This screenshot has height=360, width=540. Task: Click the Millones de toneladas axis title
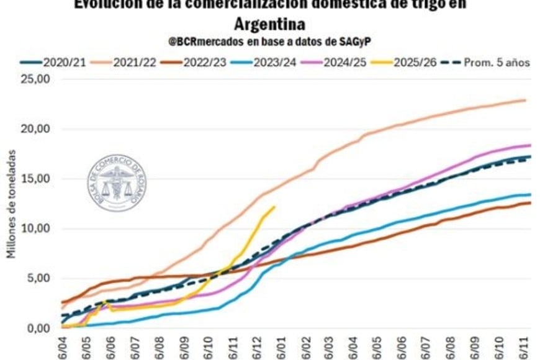[x=11, y=205]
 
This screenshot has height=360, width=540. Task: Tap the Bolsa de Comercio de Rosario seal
[x=116, y=184]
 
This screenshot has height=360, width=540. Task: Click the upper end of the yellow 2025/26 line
[x=274, y=207]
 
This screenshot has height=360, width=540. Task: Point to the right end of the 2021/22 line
[x=525, y=100]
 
